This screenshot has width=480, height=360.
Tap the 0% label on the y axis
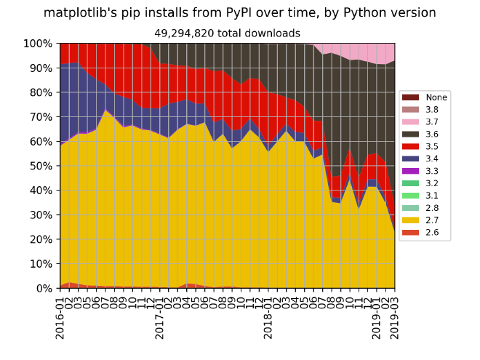44,289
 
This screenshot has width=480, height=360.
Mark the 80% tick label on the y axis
41,92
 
